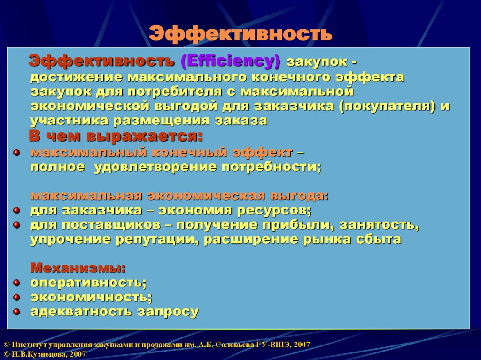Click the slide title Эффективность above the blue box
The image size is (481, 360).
click(x=240, y=34)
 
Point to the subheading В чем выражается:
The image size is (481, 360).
click(x=116, y=137)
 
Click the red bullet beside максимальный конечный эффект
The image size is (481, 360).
click(x=16, y=153)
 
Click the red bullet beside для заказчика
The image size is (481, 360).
click(x=16, y=210)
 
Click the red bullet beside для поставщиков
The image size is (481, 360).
click(x=16, y=225)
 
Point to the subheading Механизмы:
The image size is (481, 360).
click(x=78, y=268)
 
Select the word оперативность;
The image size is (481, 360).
click(x=89, y=283)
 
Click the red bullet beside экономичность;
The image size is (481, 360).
click(x=16, y=297)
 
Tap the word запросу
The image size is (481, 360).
click(x=168, y=312)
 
